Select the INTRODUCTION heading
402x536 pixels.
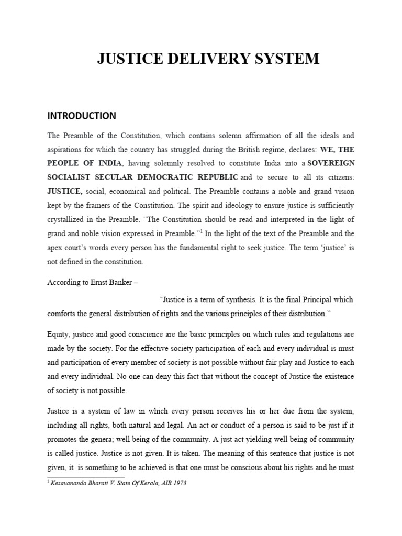(82, 115)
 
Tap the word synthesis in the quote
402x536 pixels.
(230, 300)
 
